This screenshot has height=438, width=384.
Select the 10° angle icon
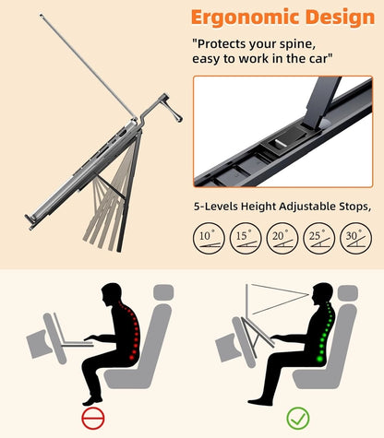coord(209,238)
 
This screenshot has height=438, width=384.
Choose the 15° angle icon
coord(246,238)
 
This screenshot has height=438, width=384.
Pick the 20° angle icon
coord(282,238)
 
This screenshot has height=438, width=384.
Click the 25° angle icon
coord(319,238)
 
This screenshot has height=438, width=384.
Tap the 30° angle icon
coord(355,238)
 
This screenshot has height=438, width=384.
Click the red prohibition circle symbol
coord(93,418)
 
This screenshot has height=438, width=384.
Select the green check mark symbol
coord(298,418)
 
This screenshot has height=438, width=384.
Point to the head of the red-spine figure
coord(112,294)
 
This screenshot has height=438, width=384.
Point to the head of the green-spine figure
coord(322,294)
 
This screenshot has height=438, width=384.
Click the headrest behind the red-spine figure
coord(163,292)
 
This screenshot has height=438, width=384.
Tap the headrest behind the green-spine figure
coord(348,292)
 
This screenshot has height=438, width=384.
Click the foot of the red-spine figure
coord(92,400)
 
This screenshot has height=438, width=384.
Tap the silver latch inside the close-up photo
coord(281,142)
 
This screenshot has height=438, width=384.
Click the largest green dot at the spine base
coord(319,359)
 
